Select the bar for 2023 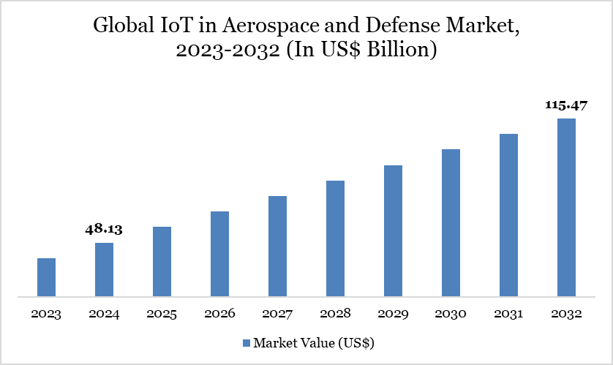pos(46,278)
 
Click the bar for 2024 pos(104,270)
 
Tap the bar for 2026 pos(219,255)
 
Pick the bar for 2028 pos(335,238)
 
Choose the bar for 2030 pos(451,223)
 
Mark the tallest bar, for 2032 pos(566,208)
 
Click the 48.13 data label pos(104,230)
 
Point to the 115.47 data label pos(565,105)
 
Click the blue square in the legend pos(247,342)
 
